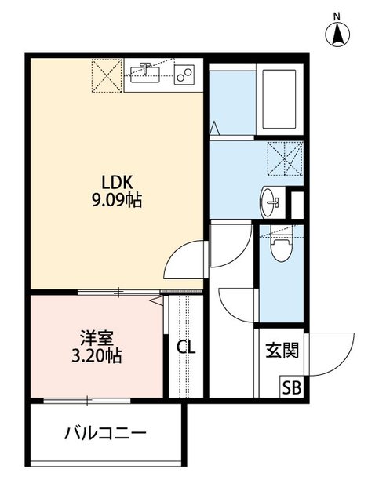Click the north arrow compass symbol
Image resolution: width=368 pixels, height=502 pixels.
[x=337, y=35]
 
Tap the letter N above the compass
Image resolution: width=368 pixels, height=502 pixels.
[x=337, y=16]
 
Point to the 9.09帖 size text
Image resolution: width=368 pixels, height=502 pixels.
[x=116, y=201]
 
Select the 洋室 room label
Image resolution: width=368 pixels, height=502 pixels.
[x=97, y=339]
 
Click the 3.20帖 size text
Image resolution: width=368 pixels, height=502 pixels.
[x=97, y=357]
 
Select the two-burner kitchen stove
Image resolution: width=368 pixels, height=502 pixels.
[x=185, y=76]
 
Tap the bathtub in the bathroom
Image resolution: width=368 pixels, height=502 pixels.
[x=279, y=100]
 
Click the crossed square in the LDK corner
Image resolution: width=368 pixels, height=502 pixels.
[x=105, y=75]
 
